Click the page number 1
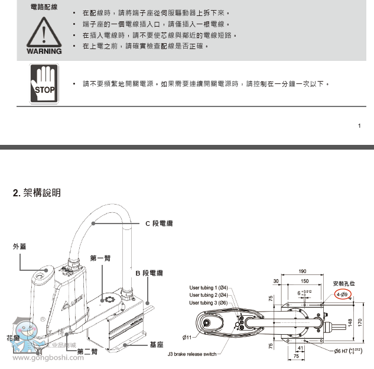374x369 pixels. point(359,126)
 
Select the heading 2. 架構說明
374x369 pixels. point(37,193)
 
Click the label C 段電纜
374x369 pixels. point(159,224)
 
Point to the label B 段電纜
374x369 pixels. point(149,273)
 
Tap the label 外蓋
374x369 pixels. point(20,247)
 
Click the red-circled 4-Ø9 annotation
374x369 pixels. point(342,294)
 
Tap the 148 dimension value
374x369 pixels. point(350,323)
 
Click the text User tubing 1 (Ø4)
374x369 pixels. point(209,287)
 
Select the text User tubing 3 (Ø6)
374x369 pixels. point(209,303)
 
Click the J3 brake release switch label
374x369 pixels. point(193,354)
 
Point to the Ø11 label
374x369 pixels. point(187,337)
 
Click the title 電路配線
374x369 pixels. point(44,7)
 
